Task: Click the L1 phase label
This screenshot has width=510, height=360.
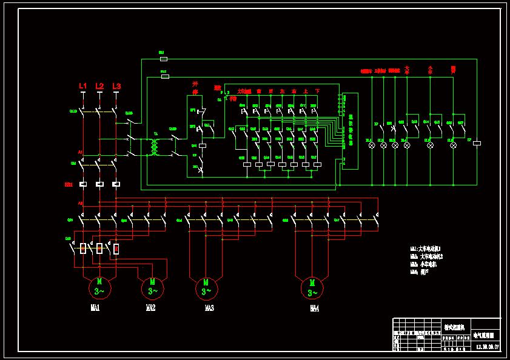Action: (x=83, y=87)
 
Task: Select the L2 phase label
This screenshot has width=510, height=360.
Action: (x=99, y=87)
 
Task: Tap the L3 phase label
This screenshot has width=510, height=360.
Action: (x=116, y=87)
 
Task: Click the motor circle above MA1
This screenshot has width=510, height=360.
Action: (x=99, y=286)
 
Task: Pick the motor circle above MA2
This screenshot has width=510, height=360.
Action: (x=152, y=286)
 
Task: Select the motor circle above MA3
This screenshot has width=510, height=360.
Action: (x=206, y=287)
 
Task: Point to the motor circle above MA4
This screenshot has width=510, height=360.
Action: (x=312, y=287)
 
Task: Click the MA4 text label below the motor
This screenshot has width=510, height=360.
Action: (x=314, y=308)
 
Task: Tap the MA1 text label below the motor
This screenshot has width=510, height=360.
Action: (x=95, y=308)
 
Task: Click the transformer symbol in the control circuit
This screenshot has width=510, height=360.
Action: (x=155, y=147)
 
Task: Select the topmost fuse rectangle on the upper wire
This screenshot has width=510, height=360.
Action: (x=163, y=59)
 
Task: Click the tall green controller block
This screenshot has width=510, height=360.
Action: (x=350, y=130)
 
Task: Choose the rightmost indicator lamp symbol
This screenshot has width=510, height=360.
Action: (x=452, y=145)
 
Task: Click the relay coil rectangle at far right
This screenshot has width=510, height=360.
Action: (x=477, y=144)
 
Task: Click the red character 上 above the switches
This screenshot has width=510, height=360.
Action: (x=306, y=92)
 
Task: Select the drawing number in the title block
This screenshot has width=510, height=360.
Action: (x=488, y=347)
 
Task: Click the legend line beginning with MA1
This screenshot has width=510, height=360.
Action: (x=426, y=248)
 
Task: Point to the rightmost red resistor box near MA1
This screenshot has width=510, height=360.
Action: (x=116, y=248)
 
